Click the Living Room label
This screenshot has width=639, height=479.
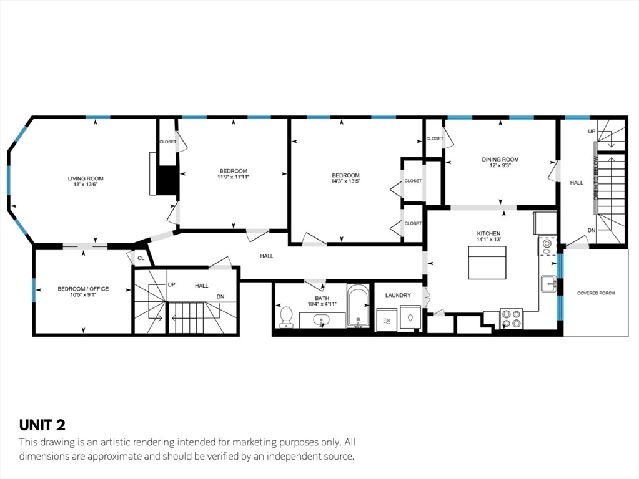[x=86, y=178]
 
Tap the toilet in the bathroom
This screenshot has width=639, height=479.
[x=287, y=317]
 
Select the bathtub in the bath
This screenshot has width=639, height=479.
[x=358, y=306]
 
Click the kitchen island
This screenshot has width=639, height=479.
[x=487, y=263]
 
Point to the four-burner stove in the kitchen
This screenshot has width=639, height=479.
[x=512, y=319]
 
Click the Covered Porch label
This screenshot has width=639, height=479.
[x=596, y=293]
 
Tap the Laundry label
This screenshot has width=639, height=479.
[x=398, y=295]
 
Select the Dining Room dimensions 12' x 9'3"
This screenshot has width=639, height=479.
[x=500, y=166]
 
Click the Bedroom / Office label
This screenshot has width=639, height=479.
[x=83, y=289]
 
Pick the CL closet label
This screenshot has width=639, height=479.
[x=141, y=258]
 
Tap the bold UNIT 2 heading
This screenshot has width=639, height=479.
[x=42, y=425]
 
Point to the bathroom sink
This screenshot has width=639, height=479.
[x=322, y=321]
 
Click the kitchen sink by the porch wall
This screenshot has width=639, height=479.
[x=549, y=284]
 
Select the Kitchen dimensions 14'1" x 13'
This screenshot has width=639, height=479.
[x=488, y=239]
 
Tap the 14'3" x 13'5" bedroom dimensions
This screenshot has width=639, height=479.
[x=345, y=181]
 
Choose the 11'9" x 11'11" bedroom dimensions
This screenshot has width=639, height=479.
[x=234, y=177]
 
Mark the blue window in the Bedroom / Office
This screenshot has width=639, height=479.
[x=34, y=290]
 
